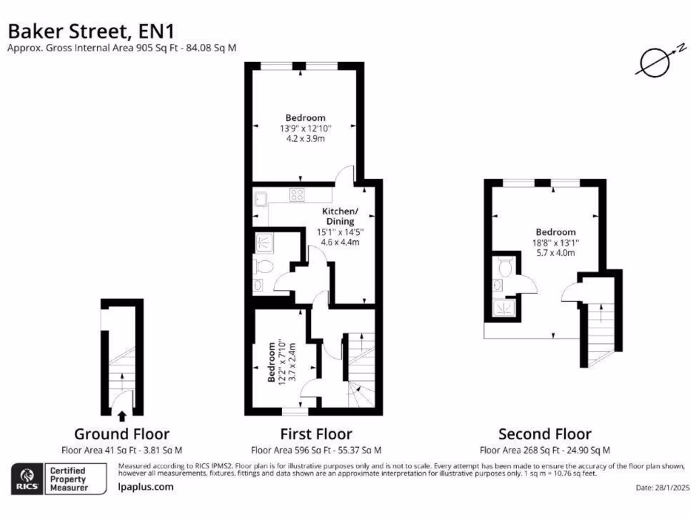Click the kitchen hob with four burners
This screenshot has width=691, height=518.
coord(297,196)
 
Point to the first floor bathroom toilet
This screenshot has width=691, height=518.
coord(264,266)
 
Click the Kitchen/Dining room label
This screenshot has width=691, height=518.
coord(340,216)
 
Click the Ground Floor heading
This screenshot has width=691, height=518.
coord(121,434)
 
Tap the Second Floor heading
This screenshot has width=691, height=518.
coord(545,434)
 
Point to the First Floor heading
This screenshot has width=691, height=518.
coord(316,434)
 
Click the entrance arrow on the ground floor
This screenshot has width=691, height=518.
coord(122,416)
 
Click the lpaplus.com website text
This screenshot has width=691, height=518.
coord(145,486)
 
